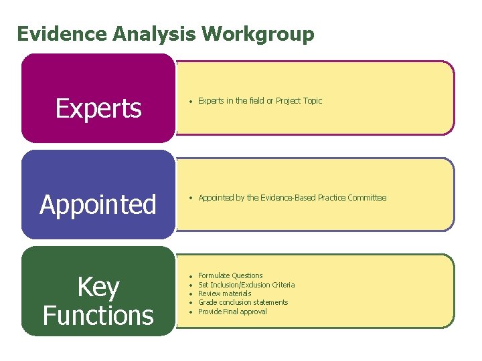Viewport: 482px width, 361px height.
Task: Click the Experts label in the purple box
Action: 98,108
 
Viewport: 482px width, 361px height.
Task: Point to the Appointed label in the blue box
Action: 98,205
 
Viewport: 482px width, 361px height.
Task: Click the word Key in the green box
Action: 98,287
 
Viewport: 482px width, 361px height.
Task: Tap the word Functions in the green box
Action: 98,315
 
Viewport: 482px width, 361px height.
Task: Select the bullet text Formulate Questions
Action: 230,275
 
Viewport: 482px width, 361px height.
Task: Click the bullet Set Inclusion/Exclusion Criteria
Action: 246,285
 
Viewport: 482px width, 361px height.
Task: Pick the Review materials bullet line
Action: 225,293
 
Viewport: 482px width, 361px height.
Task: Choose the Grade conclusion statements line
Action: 243,302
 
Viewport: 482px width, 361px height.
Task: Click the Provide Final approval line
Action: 232,312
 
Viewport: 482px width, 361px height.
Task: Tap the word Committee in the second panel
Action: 368,198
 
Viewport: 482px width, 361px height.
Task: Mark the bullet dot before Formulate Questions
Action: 191,276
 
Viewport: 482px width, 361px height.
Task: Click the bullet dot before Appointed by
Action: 191,198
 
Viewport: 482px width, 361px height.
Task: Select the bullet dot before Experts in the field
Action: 191,102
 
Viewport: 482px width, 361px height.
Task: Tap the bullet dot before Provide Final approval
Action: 191,312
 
